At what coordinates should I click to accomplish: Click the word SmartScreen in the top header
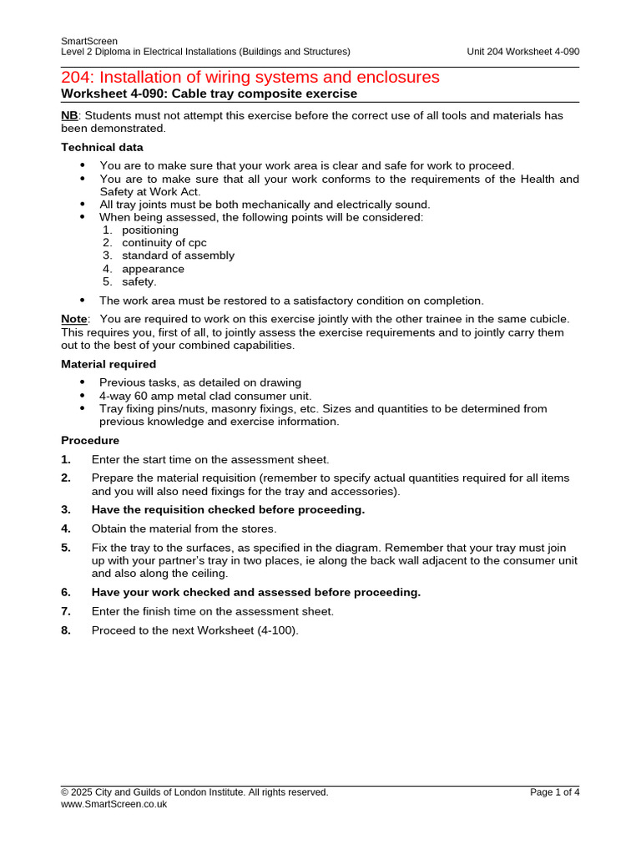pos(89,41)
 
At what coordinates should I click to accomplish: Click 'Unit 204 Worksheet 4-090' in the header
pos(522,52)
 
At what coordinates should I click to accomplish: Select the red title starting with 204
pos(250,77)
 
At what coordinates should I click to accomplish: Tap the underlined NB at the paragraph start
pos(69,115)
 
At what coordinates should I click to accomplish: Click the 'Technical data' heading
pos(102,147)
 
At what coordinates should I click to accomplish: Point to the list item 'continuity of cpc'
pos(164,243)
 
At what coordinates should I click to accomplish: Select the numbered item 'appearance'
pos(153,269)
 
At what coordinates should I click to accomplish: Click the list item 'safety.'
pos(139,281)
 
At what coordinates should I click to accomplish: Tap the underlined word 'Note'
pos(73,319)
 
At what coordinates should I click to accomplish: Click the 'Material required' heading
pos(109,364)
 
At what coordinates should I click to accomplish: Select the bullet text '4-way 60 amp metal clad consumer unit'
pos(205,396)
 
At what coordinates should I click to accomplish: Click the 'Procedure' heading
pos(90,440)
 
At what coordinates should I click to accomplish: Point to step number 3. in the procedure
pos(66,509)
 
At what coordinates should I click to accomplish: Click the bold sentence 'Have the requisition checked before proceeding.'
pos(228,509)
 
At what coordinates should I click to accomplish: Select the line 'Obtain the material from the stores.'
pos(184,529)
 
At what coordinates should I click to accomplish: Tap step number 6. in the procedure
pos(66,592)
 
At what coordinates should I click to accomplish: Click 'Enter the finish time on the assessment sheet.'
pos(212,611)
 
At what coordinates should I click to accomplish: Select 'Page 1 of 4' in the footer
pos(554,792)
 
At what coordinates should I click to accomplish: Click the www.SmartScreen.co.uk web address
pos(114,804)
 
